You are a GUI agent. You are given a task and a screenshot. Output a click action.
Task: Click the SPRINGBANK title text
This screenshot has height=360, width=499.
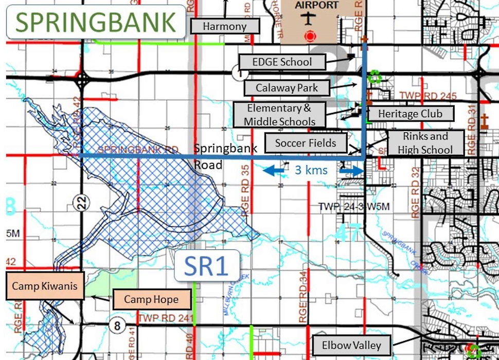pyautogui.click(x=96, y=22)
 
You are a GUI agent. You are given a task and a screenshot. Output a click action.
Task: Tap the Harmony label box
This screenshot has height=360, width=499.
pyautogui.click(x=225, y=26)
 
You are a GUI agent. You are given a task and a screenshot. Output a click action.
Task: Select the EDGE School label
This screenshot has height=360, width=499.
pyautogui.click(x=282, y=62)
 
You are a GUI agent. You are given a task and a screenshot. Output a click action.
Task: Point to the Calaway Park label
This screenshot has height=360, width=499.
pyautogui.click(x=287, y=88)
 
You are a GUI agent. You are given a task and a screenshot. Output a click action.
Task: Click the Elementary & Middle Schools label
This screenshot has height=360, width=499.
pyautogui.click(x=280, y=115)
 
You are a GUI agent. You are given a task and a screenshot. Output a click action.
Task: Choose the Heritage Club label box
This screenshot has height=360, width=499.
pyautogui.click(x=409, y=114)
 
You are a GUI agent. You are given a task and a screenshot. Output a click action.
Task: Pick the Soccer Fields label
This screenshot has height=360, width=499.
pyautogui.click(x=305, y=143)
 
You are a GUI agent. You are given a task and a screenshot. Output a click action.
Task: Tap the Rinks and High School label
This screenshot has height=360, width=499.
pyautogui.click(x=425, y=143)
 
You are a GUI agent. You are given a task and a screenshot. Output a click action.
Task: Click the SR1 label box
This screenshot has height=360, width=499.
pyautogui.click(x=207, y=266)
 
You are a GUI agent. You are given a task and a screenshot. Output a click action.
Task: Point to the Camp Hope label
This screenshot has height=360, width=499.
pyautogui.click(x=151, y=299)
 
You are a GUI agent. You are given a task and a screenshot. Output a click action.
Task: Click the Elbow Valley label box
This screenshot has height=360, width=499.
pyautogui.click(x=351, y=345)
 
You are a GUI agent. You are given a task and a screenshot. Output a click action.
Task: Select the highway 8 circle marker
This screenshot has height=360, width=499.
pyautogui.click(x=117, y=325)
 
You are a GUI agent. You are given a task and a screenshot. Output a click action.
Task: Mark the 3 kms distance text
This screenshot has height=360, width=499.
pyautogui.click(x=311, y=170)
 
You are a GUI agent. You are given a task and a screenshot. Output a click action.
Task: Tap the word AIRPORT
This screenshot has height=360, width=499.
pyautogui.click(x=316, y=5)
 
